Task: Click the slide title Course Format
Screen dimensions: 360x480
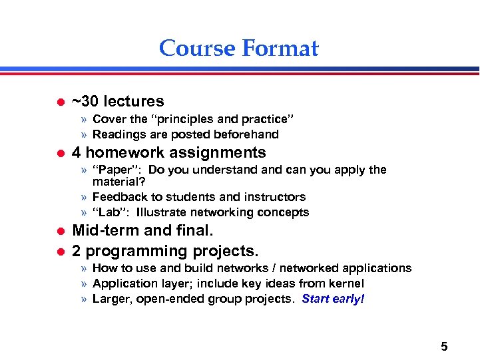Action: coord(239,49)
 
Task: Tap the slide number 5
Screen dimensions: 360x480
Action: coord(444,346)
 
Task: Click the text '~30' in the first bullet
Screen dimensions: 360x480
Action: coord(85,102)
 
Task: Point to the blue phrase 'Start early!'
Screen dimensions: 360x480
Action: coord(333,299)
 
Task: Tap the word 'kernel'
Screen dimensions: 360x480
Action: coord(345,283)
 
